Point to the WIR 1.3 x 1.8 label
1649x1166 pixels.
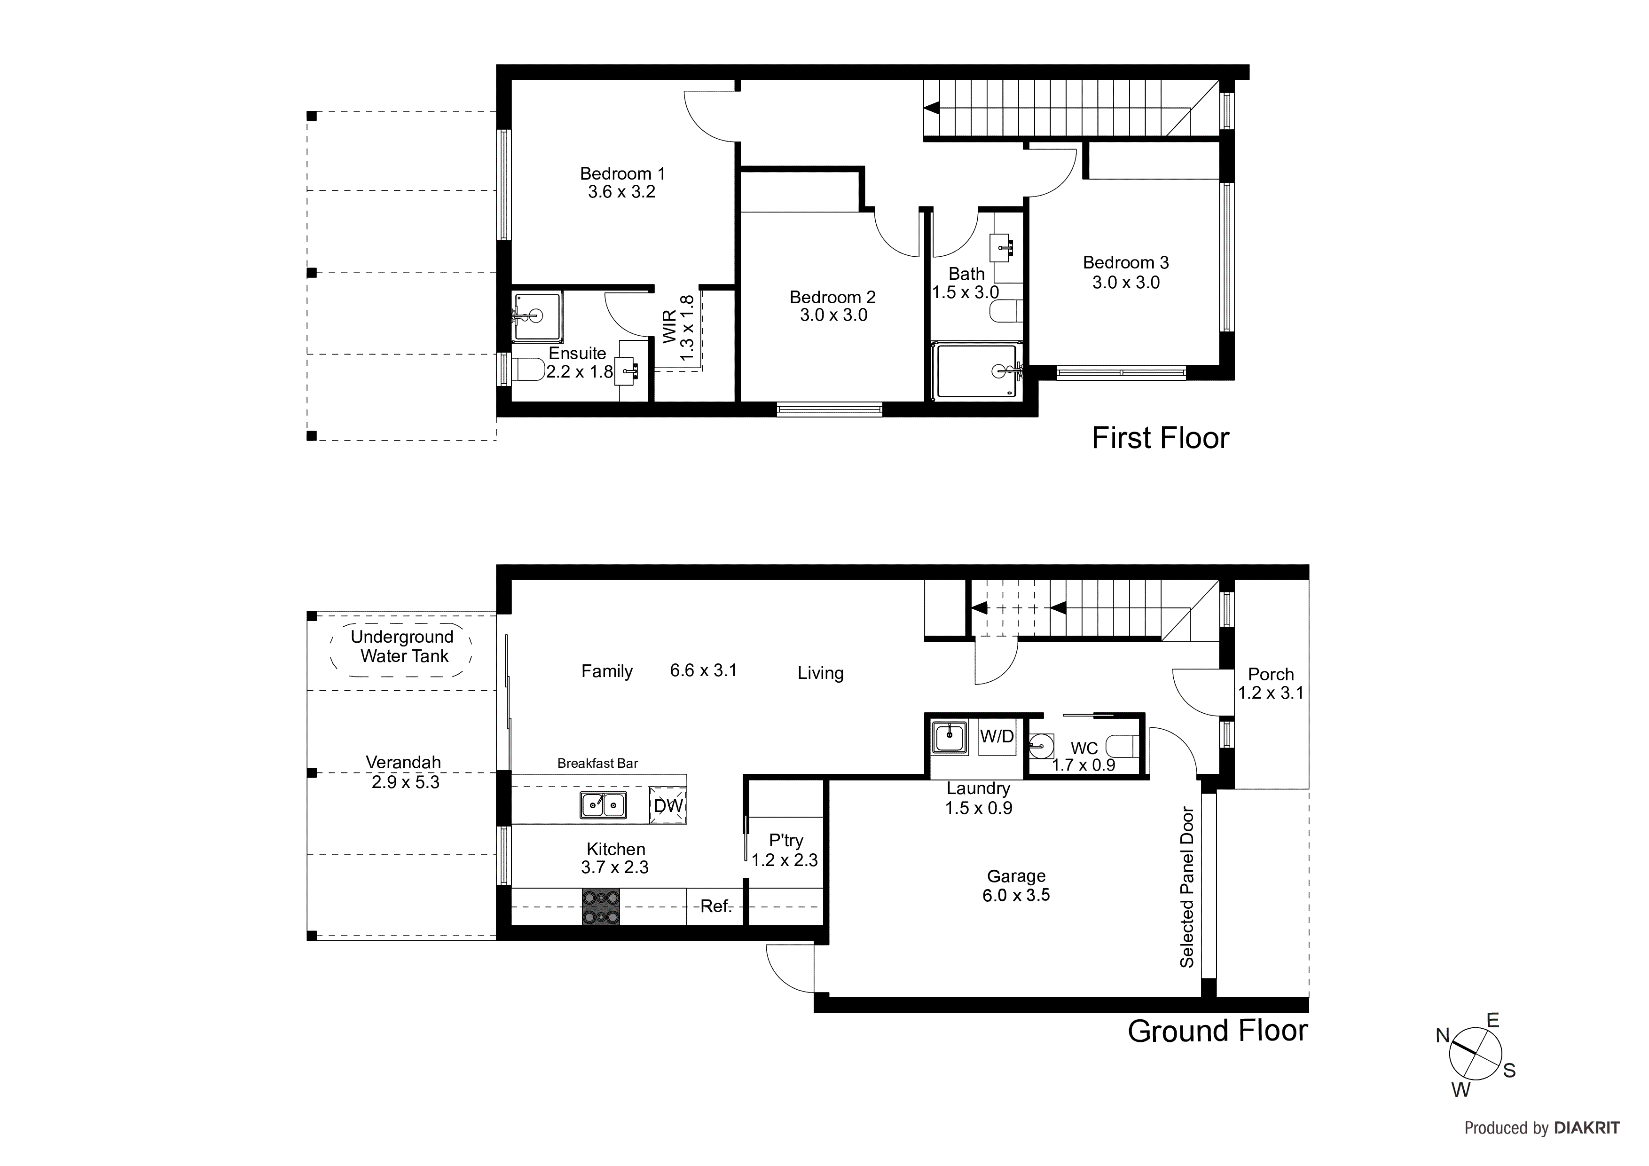coord(678,328)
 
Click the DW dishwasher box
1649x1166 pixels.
coord(668,805)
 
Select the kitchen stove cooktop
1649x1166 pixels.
coord(600,907)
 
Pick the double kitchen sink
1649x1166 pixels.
coord(603,805)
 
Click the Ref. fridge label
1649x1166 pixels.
coord(715,906)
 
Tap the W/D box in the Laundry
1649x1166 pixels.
coord(997,737)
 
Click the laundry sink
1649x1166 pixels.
coord(950,738)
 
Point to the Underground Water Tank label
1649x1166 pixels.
coord(402,646)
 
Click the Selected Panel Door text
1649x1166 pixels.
coord(1186,887)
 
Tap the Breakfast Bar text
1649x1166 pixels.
coord(597,763)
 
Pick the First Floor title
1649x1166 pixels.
coord(1161,438)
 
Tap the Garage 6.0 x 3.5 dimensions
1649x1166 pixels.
coord(1016,895)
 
